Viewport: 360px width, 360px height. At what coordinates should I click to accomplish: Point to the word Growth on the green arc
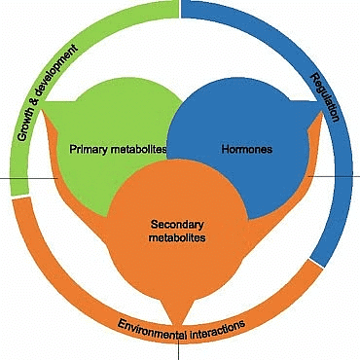[x=25, y=117]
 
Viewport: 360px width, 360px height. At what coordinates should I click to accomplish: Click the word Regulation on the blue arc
[x=327, y=99]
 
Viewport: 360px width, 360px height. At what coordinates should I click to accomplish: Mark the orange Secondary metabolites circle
[x=176, y=263]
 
